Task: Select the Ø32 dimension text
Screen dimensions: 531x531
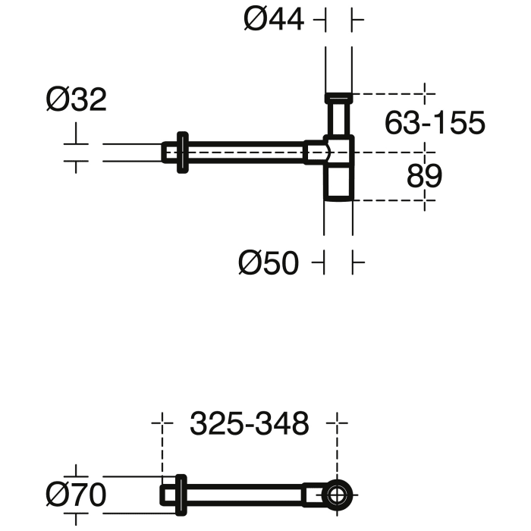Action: click(x=76, y=99)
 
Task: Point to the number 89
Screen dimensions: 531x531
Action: click(x=424, y=176)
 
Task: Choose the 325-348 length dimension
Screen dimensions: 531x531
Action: click(x=250, y=424)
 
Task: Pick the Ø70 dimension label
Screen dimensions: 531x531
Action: click(x=75, y=495)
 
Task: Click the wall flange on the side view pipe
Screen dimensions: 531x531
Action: click(x=182, y=152)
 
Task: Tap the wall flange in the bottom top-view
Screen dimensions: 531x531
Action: click(x=181, y=495)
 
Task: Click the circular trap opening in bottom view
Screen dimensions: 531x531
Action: click(x=335, y=495)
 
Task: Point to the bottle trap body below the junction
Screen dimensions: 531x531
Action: click(x=338, y=182)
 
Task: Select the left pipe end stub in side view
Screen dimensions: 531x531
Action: click(x=169, y=152)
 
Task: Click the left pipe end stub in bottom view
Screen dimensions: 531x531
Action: click(x=168, y=495)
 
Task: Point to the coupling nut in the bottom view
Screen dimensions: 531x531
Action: click(x=312, y=495)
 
